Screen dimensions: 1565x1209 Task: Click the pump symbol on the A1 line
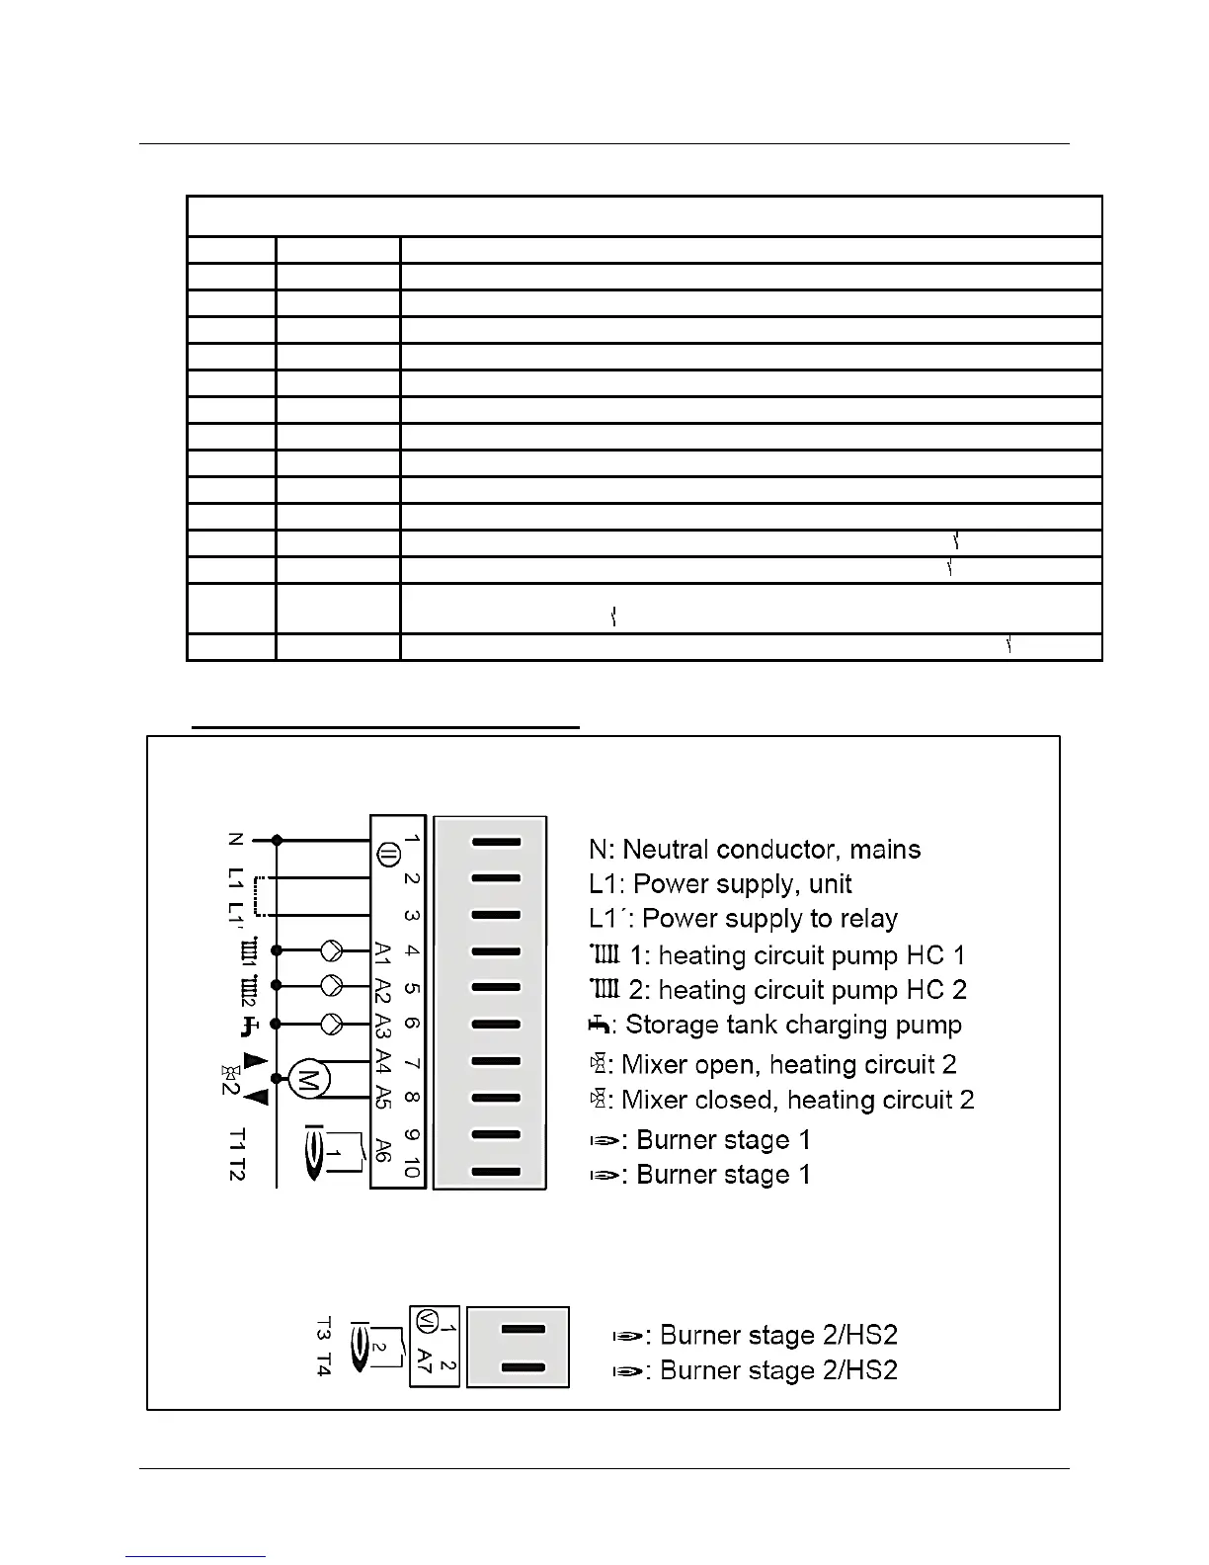(x=332, y=951)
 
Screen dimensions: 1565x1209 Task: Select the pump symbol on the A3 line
(x=332, y=1024)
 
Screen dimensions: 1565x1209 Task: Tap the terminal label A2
(x=384, y=988)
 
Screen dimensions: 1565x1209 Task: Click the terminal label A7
(x=425, y=1360)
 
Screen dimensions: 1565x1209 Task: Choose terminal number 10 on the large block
(x=411, y=1169)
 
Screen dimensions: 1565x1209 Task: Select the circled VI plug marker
(x=425, y=1320)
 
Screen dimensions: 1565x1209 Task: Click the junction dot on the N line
(x=278, y=840)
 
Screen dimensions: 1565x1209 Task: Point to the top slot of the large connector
(x=496, y=842)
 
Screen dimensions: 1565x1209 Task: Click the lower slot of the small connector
(x=524, y=1367)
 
